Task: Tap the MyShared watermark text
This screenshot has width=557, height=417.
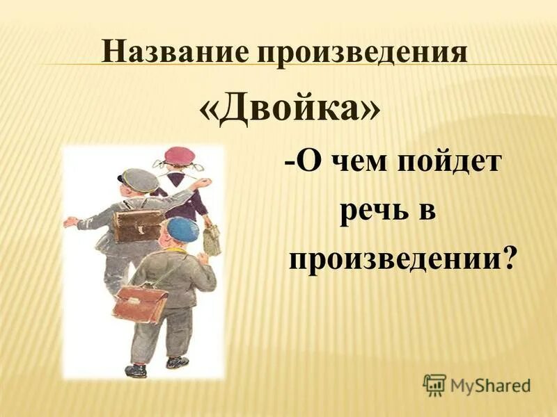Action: [x=491, y=384]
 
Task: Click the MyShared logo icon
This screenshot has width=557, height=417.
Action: [x=435, y=384]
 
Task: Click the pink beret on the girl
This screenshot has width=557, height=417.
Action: [x=179, y=156]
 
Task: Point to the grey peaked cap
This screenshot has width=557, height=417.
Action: [x=139, y=180]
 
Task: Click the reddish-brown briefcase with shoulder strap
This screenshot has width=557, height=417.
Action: [x=141, y=304]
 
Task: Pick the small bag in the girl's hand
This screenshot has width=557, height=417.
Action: [x=212, y=240]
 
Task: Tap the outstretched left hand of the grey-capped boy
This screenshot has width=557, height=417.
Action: [x=70, y=222]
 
